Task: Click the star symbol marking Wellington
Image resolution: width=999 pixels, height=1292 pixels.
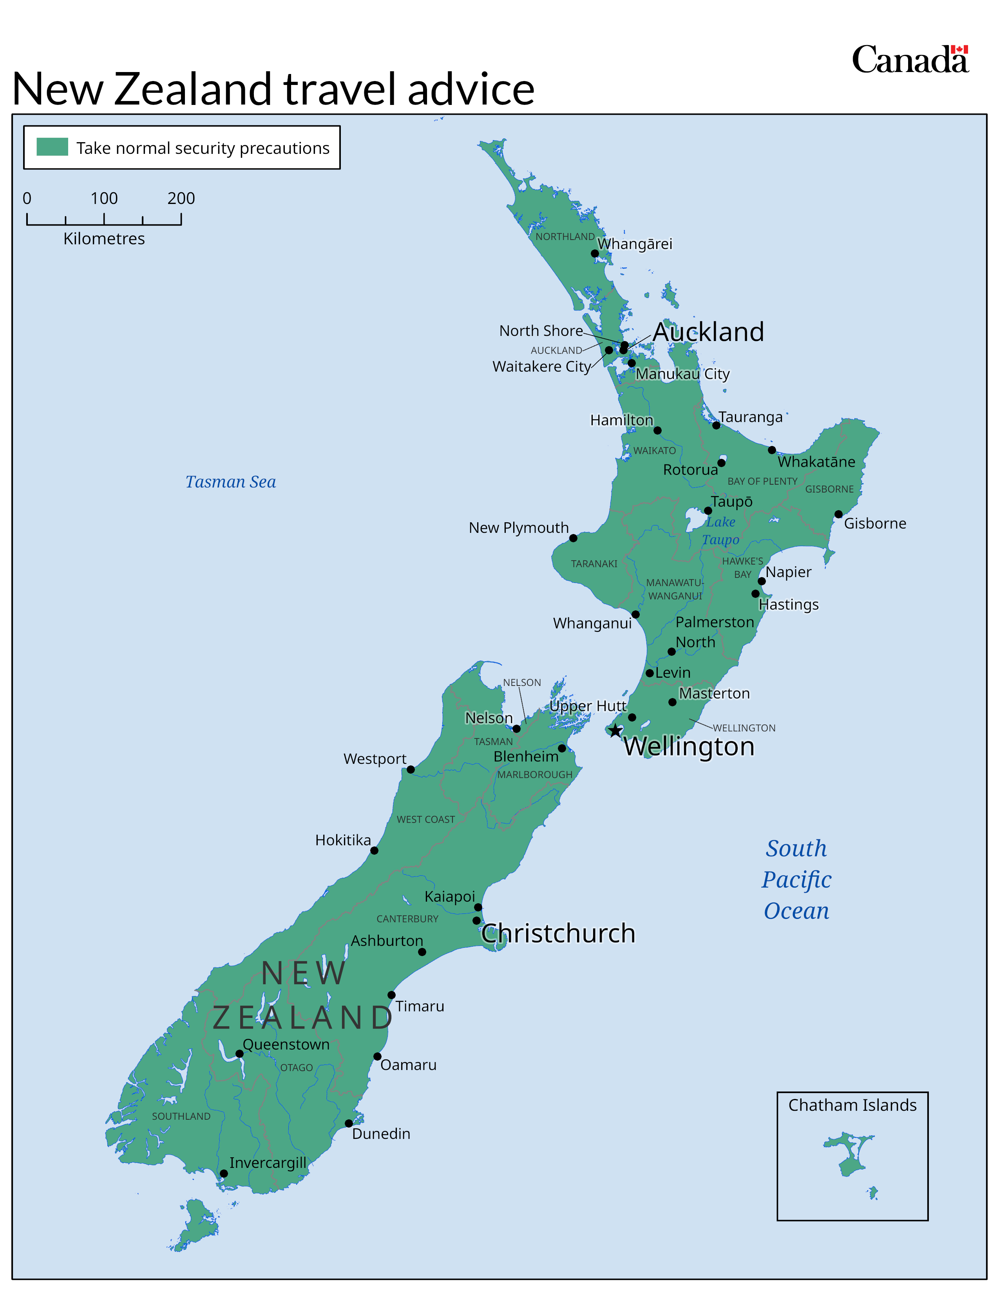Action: (x=615, y=731)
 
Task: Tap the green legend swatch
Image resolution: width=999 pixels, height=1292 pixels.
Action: (x=52, y=147)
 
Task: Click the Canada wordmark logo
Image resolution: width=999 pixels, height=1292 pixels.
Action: (x=910, y=60)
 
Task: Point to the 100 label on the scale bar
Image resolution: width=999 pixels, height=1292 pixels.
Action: (x=104, y=198)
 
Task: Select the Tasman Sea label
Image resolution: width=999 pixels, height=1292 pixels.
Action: (x=231, y=482)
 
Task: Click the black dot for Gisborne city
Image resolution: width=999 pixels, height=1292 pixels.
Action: (x=838, y=514)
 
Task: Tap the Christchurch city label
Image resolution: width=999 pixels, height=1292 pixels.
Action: (x=558, y=933)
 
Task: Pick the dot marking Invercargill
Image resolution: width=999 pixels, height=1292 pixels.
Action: (x=224, y=1174)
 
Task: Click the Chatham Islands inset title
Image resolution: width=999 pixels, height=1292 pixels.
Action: (x=852, y=1105)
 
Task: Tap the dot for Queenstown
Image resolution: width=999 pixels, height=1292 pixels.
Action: (x=239, y=1054)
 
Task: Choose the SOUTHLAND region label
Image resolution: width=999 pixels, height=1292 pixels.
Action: (x=181, y=1116)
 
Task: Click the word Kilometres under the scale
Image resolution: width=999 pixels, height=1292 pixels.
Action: (x=104, y=239)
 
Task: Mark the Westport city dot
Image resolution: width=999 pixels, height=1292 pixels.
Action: (x=411, y=770)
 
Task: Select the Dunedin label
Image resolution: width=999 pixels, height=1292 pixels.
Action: (x=381, y=1134)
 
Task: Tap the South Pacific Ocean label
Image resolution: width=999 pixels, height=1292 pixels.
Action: (x=796, y=880)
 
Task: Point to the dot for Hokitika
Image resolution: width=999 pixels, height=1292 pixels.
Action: (x=374, y=851)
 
